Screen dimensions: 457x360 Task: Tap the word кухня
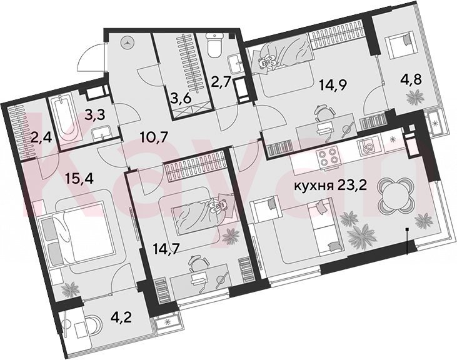click(x=314, y=186)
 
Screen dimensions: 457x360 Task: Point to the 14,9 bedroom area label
click(x=333, y=86)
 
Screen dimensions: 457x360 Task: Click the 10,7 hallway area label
click(x=154, y=137)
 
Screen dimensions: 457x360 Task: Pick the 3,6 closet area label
click(x=181, y=99)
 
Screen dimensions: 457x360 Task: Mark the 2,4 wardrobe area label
click(x=41, y=137)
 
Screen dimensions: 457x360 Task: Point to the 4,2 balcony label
click(x=121, y=317)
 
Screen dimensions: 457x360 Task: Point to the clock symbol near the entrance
click(x=128, y=43)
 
